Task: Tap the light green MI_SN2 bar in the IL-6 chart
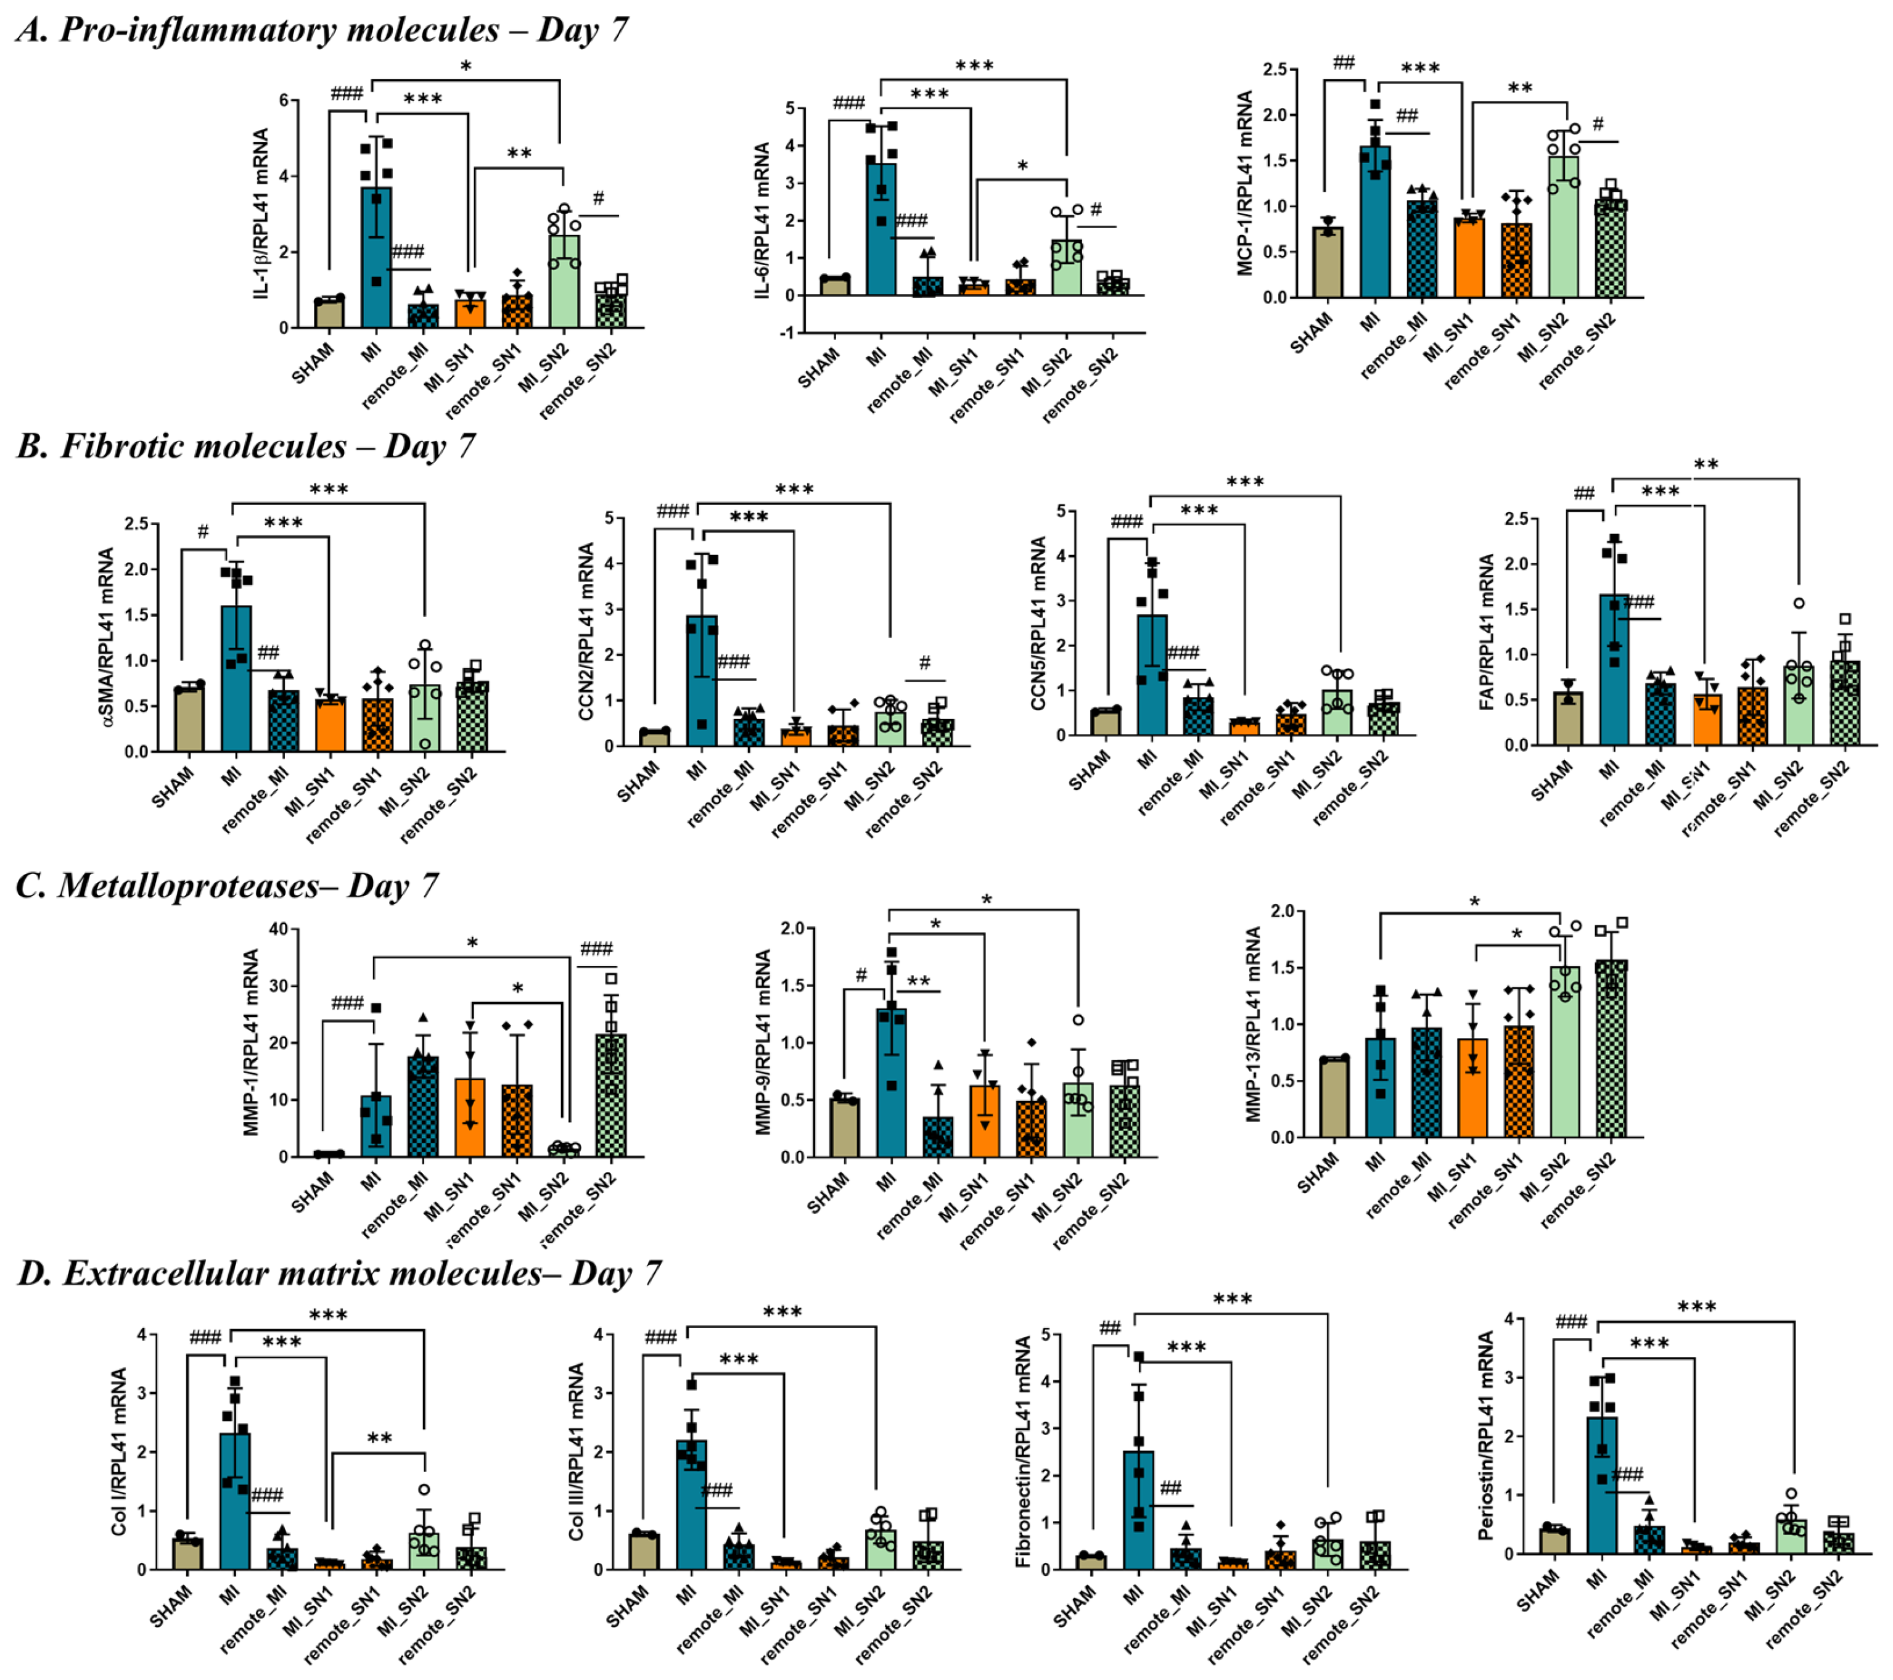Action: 1067,268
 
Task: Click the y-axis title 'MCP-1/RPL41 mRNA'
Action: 1246,183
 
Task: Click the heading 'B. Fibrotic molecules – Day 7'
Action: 245,447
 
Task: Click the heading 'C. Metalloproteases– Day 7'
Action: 227,886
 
